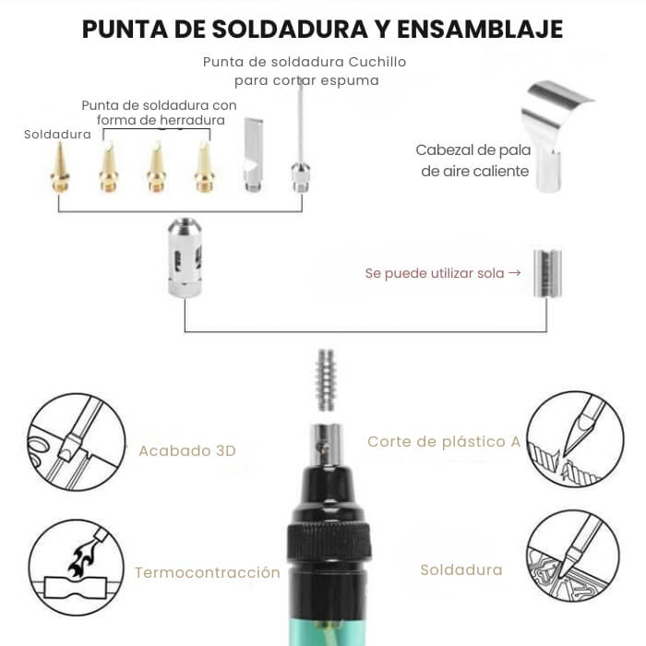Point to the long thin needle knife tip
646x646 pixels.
click(299, 138)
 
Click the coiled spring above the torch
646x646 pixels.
click(325, 380)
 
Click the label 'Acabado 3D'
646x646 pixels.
click(187, 450)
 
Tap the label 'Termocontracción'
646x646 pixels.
click(208, 572)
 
